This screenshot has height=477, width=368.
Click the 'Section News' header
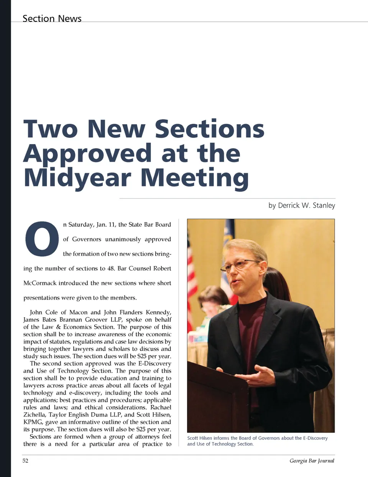(52, 18)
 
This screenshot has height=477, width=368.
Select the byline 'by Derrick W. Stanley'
(302, 205)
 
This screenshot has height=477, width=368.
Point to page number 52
(25, 461)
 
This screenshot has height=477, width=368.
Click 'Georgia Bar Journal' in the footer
(312, 461)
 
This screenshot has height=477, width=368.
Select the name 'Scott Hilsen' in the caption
(199, 438)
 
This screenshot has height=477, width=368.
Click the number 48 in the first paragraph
(111, 268)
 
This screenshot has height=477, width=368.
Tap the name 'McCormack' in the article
(40, 283)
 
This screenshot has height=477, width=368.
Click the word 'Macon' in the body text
(78, 312)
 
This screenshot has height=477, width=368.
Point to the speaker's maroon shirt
(251, 337)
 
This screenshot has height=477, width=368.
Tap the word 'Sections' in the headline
(209, 129)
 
